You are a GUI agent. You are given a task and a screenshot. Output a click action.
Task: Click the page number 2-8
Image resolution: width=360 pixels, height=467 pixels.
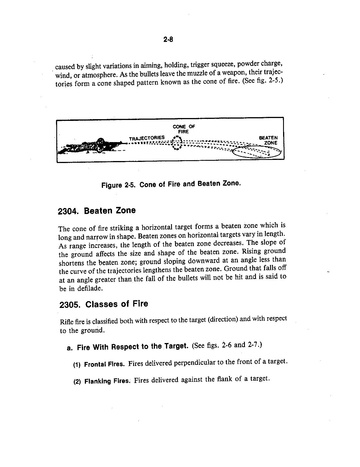[168, 39]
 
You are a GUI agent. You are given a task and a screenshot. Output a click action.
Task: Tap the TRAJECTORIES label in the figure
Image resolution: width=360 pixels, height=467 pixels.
[147, 138]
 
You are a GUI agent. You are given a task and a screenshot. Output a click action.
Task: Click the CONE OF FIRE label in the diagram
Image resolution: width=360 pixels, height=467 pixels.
[184, 129]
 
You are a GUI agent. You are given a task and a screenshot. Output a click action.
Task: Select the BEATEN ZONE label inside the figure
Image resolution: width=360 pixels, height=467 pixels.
[268, 140]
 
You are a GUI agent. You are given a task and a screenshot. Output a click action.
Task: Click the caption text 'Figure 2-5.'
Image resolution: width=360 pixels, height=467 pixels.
[118, 185]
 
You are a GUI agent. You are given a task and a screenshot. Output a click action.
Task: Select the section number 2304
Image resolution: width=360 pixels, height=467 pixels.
[69, 211]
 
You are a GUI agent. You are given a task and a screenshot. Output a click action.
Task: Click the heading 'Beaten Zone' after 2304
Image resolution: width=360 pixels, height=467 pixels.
[110, 211]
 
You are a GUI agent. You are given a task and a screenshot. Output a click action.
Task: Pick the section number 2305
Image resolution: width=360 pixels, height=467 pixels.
[70, 305]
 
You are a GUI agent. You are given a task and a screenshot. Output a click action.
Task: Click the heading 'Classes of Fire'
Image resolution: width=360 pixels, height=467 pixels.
[117, 304]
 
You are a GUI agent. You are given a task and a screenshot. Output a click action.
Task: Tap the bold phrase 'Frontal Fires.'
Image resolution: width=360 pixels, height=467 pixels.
[104, 364]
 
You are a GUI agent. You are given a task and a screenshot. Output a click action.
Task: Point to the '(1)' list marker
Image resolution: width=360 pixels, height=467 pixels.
[77, 365]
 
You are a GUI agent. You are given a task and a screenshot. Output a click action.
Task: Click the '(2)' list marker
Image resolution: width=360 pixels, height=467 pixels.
[77, 381]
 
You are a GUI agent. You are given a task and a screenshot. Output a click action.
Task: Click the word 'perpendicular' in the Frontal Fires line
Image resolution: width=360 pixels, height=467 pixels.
[195, 362]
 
